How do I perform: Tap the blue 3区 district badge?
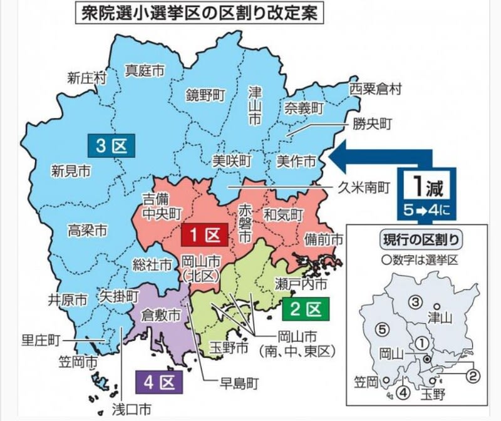[111, 146]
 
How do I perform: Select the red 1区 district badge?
[204, 236]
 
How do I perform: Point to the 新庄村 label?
[87, 78]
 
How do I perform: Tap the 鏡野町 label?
[205, 95]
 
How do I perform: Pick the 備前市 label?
[323, 240]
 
